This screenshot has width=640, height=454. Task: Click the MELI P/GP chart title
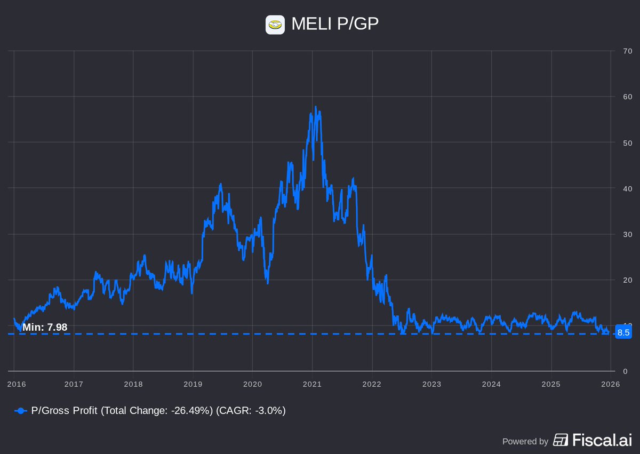[x=334, y=24]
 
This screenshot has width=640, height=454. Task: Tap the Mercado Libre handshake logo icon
[x=275, y=25]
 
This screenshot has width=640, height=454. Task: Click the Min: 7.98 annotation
[x=45, y=327]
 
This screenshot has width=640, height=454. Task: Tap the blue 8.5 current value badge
[x=623, y=332]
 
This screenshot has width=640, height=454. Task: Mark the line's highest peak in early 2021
[x=316, y=107]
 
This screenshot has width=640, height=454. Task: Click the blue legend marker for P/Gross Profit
[x=21, y=411]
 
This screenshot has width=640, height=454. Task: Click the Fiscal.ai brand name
[x=602, y=440]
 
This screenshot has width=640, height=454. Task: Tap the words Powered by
[x=525, y=441]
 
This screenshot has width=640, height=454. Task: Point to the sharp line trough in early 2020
[x=267, y=283]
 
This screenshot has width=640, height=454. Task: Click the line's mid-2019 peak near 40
[x=220, y=184]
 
